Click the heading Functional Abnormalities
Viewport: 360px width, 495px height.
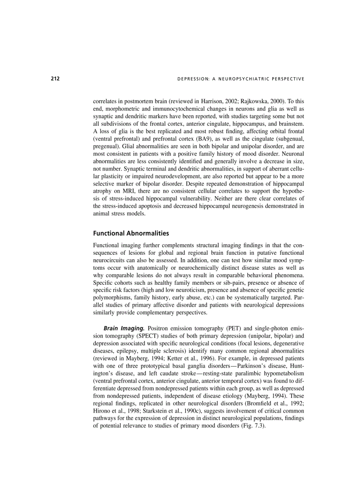click(131, 233)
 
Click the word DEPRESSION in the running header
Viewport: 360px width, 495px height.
click(191, 79)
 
